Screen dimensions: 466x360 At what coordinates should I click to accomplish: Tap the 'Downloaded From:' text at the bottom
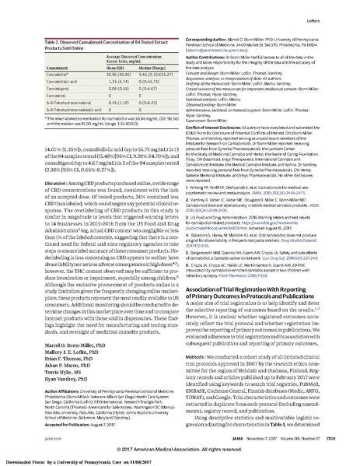(23, 461)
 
